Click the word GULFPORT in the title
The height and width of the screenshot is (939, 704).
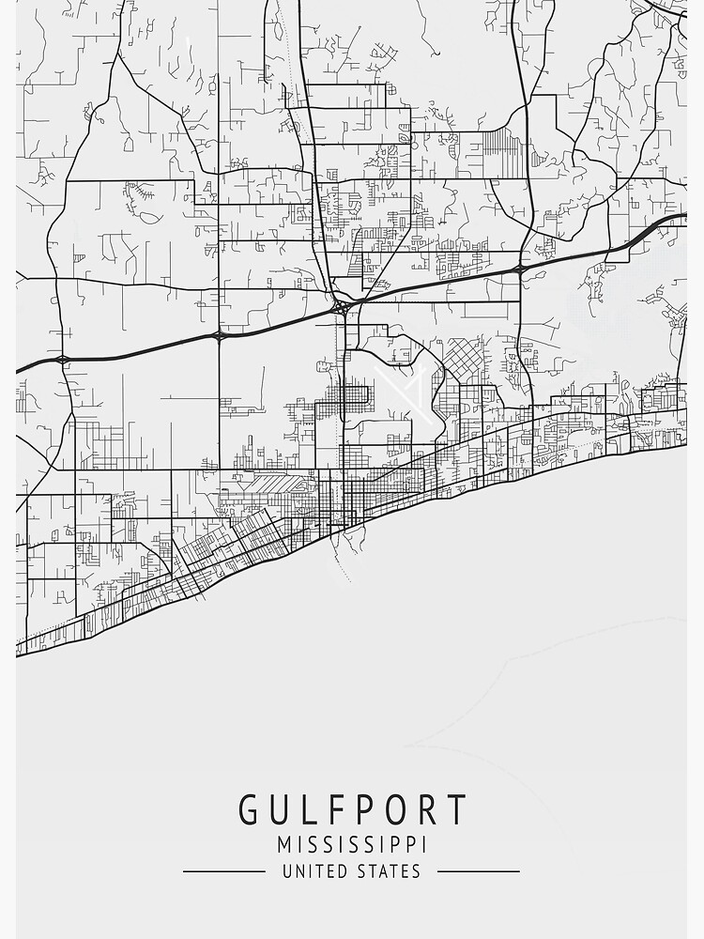tap(352, 809)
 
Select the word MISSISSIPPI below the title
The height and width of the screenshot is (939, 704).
tap(352, 843)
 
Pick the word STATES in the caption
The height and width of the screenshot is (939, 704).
tap(389, 871)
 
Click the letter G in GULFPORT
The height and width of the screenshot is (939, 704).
tap(251, 809)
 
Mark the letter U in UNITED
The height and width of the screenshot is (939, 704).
tap(288, 871)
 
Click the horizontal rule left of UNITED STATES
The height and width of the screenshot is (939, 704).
tap(224, 871)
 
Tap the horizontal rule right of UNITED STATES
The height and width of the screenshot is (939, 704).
tap(479, 871)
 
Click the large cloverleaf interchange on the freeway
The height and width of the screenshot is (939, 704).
tap(343, 306)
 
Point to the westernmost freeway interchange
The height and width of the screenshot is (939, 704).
tap(62, 359)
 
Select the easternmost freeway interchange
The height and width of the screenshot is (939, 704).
tap(519, 269)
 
